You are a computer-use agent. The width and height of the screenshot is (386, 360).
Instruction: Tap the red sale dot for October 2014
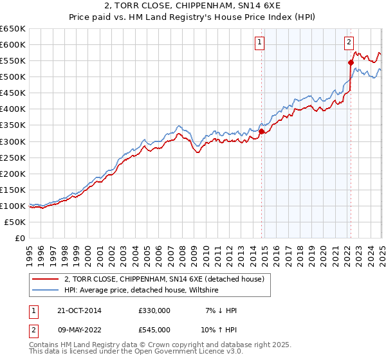click(262, 131)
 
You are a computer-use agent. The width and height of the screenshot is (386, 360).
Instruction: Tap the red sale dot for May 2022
click(351, 62)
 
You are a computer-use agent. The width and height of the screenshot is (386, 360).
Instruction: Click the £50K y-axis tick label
click(15, 222)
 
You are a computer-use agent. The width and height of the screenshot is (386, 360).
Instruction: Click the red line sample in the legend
click(46, 279)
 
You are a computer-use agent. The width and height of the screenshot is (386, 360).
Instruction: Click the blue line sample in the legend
click(46, 291)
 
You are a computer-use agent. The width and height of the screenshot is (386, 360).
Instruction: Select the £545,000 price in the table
click(154, 329)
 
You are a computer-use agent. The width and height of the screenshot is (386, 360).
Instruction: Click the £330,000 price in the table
click(154, 310)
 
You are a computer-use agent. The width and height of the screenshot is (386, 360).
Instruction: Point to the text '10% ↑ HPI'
click(219, 329)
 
